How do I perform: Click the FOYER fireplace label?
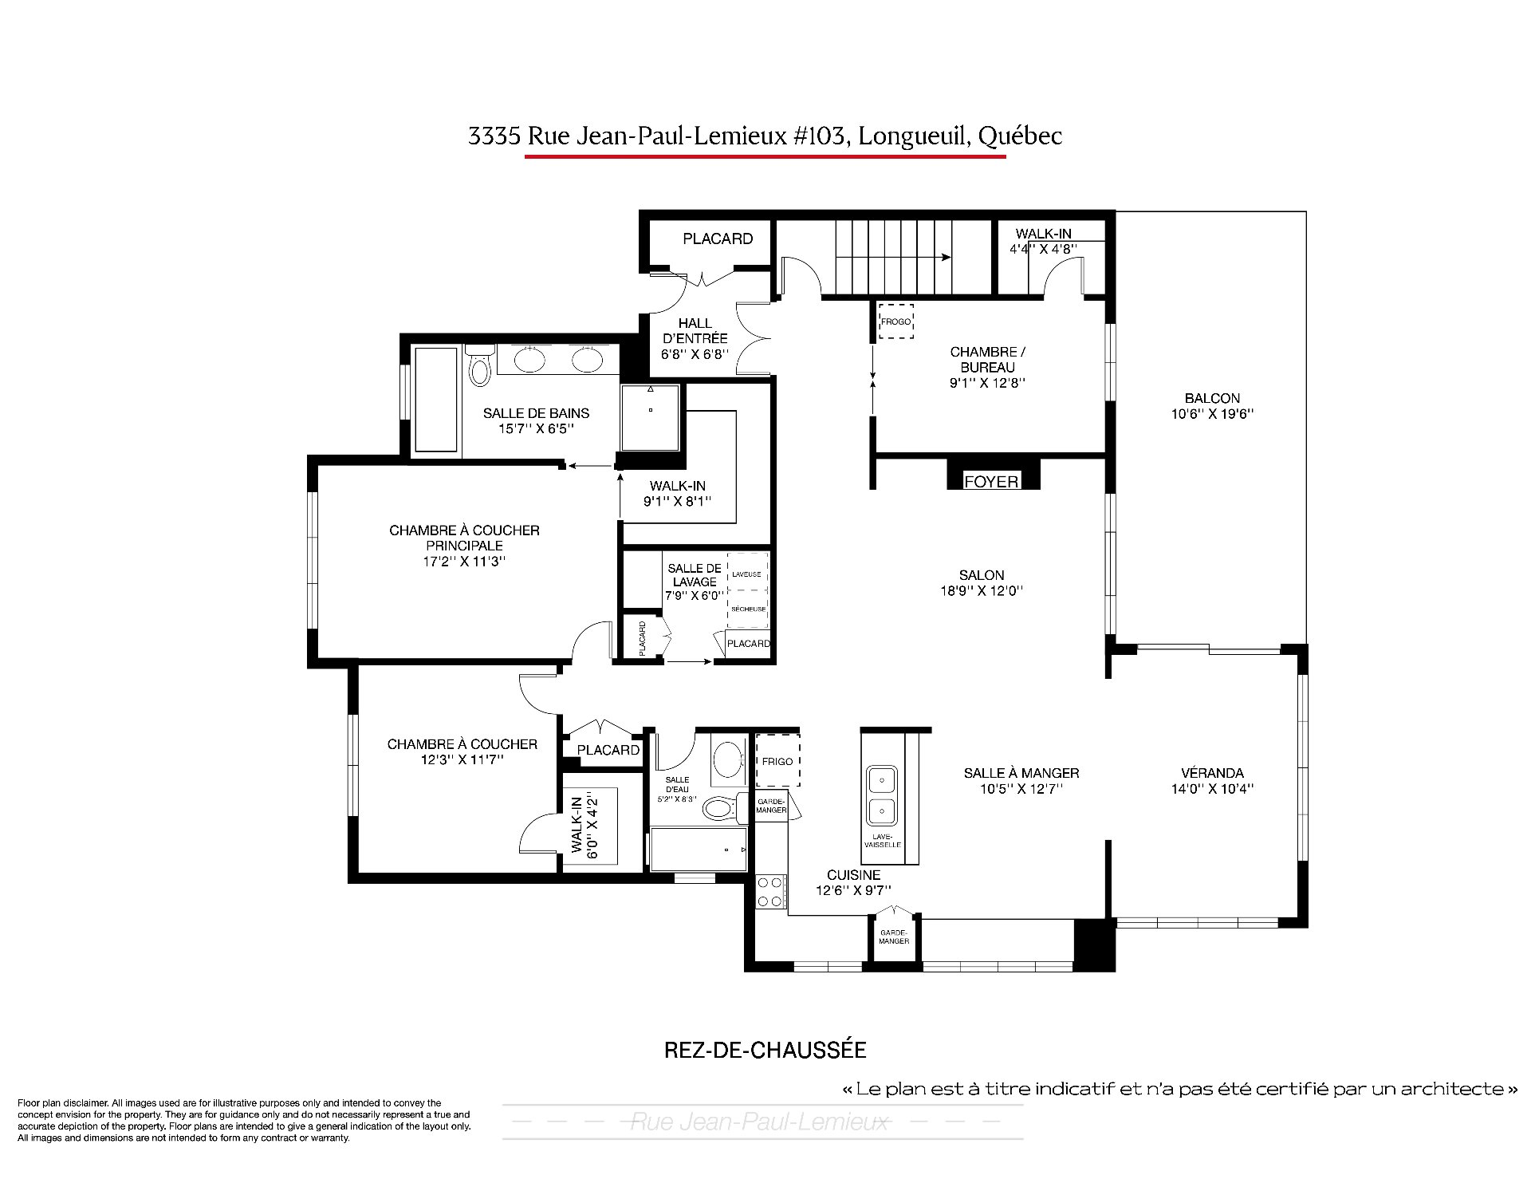coord(991,481)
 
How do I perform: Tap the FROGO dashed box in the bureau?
coord(895,321)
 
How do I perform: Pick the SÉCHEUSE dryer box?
coord(748,609)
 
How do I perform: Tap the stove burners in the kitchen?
coord(769,892)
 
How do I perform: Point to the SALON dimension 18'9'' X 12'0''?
coord(982,591)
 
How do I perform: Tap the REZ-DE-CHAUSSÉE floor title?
coord(765,1050)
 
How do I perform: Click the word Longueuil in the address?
coord(915,136)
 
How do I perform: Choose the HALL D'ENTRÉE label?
coord(695,330)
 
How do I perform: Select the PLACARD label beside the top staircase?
coord(718,239)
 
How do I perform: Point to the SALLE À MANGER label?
coord(1021,772)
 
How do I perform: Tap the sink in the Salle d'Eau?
coord(727,760)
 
